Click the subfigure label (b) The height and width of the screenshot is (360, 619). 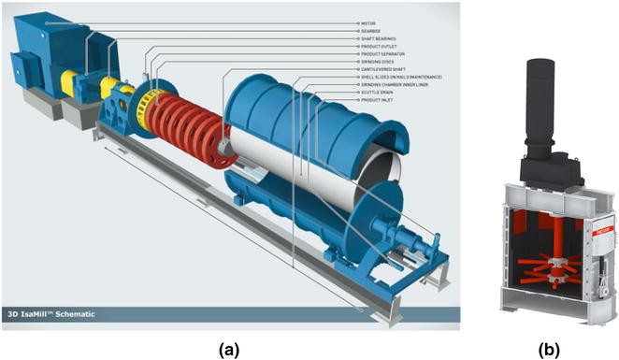point(554,349)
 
